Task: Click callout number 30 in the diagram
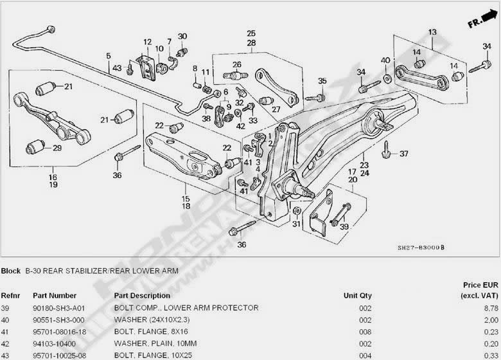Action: coord(182,36)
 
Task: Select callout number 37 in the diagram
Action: coord(403,154)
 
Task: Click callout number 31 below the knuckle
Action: coord(295,224)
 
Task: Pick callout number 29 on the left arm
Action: coord(57,148)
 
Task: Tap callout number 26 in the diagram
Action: coord(236,64)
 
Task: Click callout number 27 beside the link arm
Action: coord(276,110)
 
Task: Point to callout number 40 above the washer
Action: coord(385,60)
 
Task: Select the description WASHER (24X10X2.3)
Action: coord(150,319)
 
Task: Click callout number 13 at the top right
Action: coord(432,32)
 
